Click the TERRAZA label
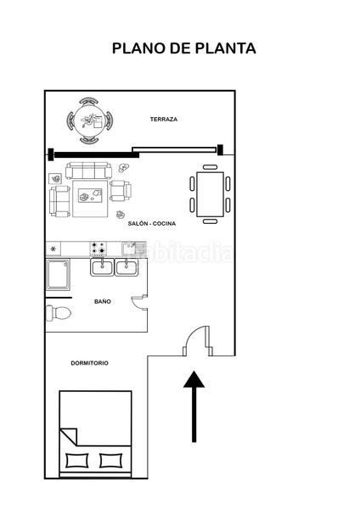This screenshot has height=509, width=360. click(x=164, y=120)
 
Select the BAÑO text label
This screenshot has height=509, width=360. click(x=103, y=301)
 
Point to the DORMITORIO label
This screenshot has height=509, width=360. click(x=89, y=363)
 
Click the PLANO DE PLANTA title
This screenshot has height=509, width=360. click(x=183, y=49)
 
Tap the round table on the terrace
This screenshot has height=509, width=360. click(x=88, y=120)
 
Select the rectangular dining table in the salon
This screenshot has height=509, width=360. click(x=210, y=184)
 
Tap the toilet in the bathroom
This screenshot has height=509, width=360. click(x=59, y=313)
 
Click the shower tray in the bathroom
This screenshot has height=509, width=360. click(x=59, y=275)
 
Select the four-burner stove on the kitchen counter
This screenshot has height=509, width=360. click(x=98, y=248)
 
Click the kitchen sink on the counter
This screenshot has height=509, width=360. click(x=129, y=248)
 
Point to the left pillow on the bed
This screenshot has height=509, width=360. click(x=76, y=461)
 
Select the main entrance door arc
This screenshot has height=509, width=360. click(x=196, y=340)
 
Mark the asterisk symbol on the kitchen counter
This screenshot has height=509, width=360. click(x=54, y=249)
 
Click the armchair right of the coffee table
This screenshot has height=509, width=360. click(x=121, y=190)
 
